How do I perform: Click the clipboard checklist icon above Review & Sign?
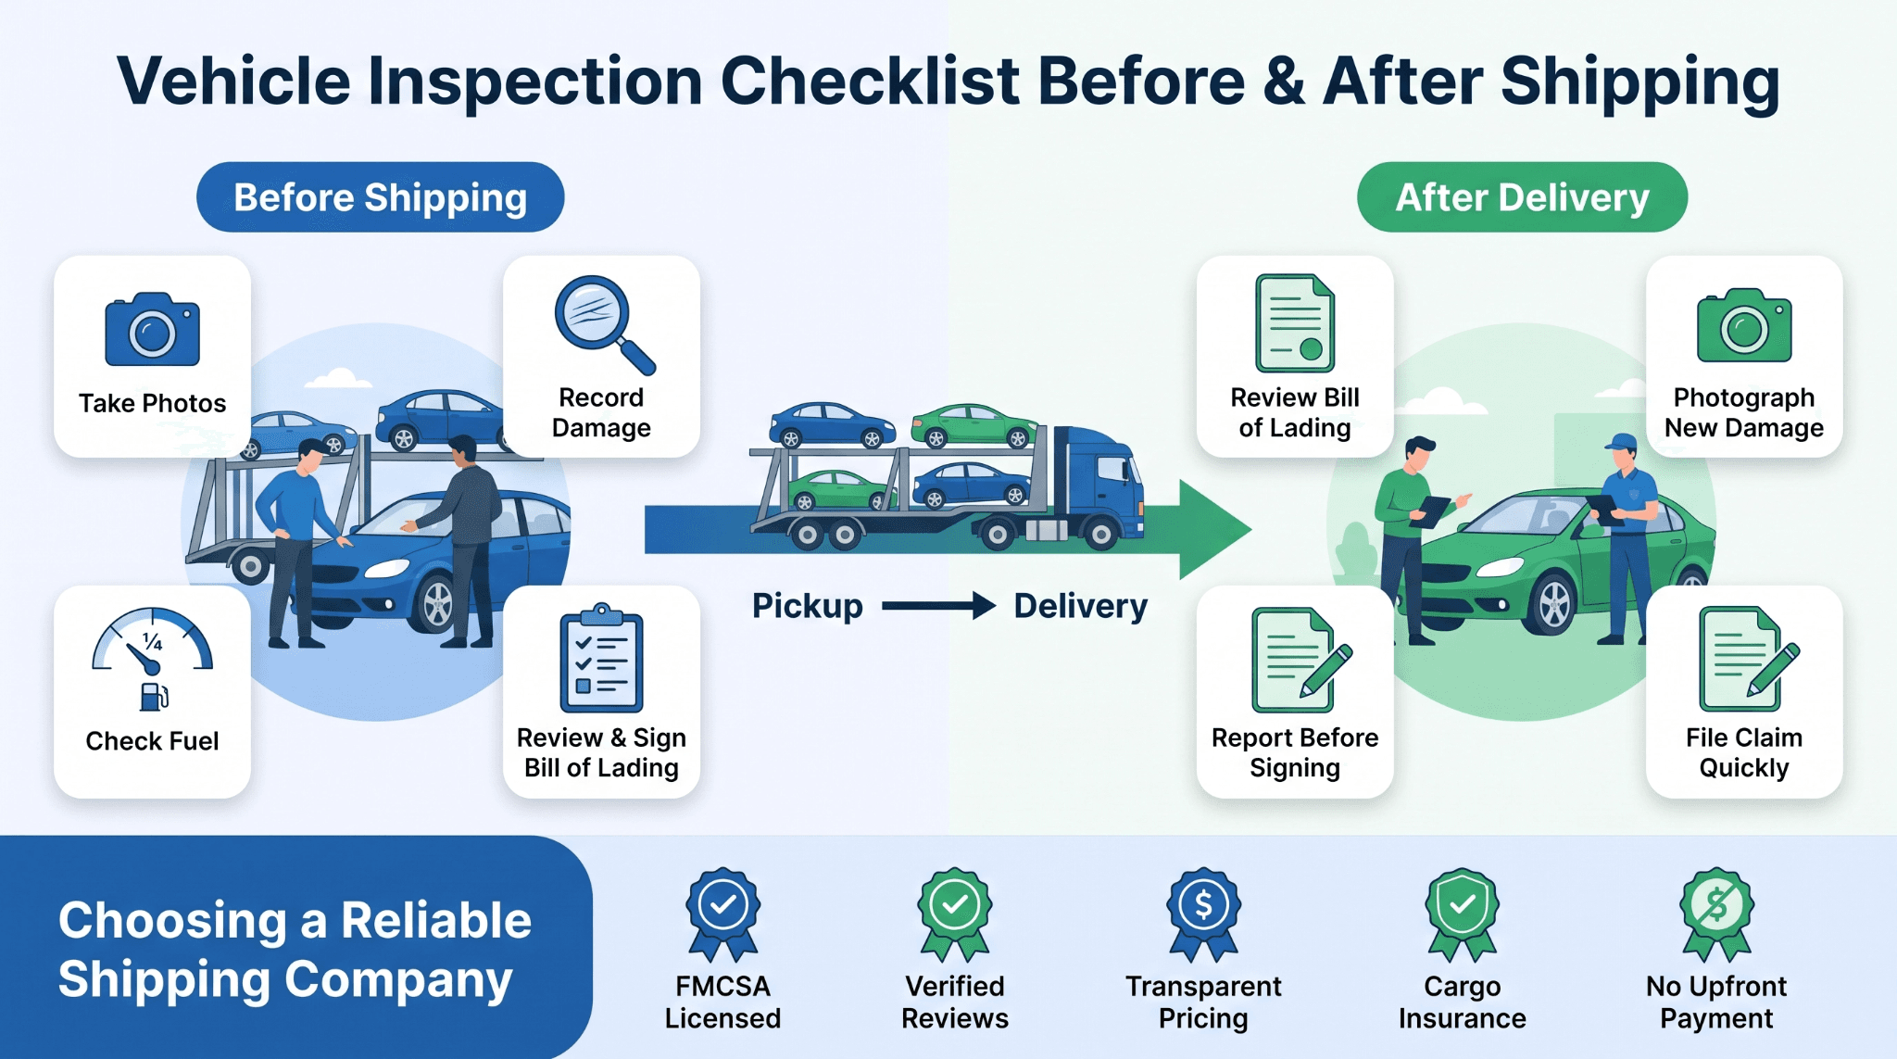[601, 658]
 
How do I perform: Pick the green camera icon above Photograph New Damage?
[1744, 325]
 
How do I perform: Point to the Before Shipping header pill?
[380, 197]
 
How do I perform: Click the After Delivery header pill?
[1522, 197]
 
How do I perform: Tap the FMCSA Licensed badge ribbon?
[722, 914]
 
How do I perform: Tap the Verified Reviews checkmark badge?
[955, 914]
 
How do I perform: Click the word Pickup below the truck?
[807, 607]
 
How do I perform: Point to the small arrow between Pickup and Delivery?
[938, 607]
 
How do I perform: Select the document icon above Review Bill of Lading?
[1295, 323]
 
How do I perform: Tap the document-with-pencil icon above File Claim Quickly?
[1749, 658]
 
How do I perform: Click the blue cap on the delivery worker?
[1621, 442]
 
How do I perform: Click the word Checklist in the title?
[870, 82]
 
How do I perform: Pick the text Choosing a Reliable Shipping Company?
[295, 950]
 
